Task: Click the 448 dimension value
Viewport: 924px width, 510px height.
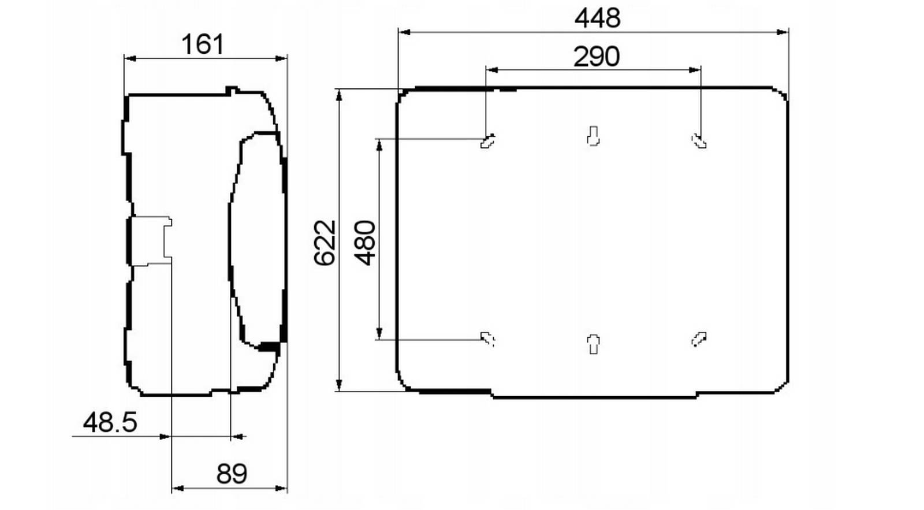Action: click(x=597, y=18)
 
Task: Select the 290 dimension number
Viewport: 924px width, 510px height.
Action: click(x=597, y=57)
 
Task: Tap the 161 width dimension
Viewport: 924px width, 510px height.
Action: click(x=203, y=44)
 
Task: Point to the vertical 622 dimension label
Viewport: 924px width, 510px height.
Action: click(x=325, y=243)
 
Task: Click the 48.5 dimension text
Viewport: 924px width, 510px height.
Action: click(x=110, y=423)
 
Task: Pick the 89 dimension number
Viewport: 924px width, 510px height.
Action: click(x=232, y=474)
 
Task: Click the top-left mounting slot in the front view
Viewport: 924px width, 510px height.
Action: click(x=487, y=141)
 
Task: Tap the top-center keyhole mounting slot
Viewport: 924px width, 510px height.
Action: click(x=593, y=136)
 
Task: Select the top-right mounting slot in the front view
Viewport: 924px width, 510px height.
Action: click(x=699, y=141)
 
